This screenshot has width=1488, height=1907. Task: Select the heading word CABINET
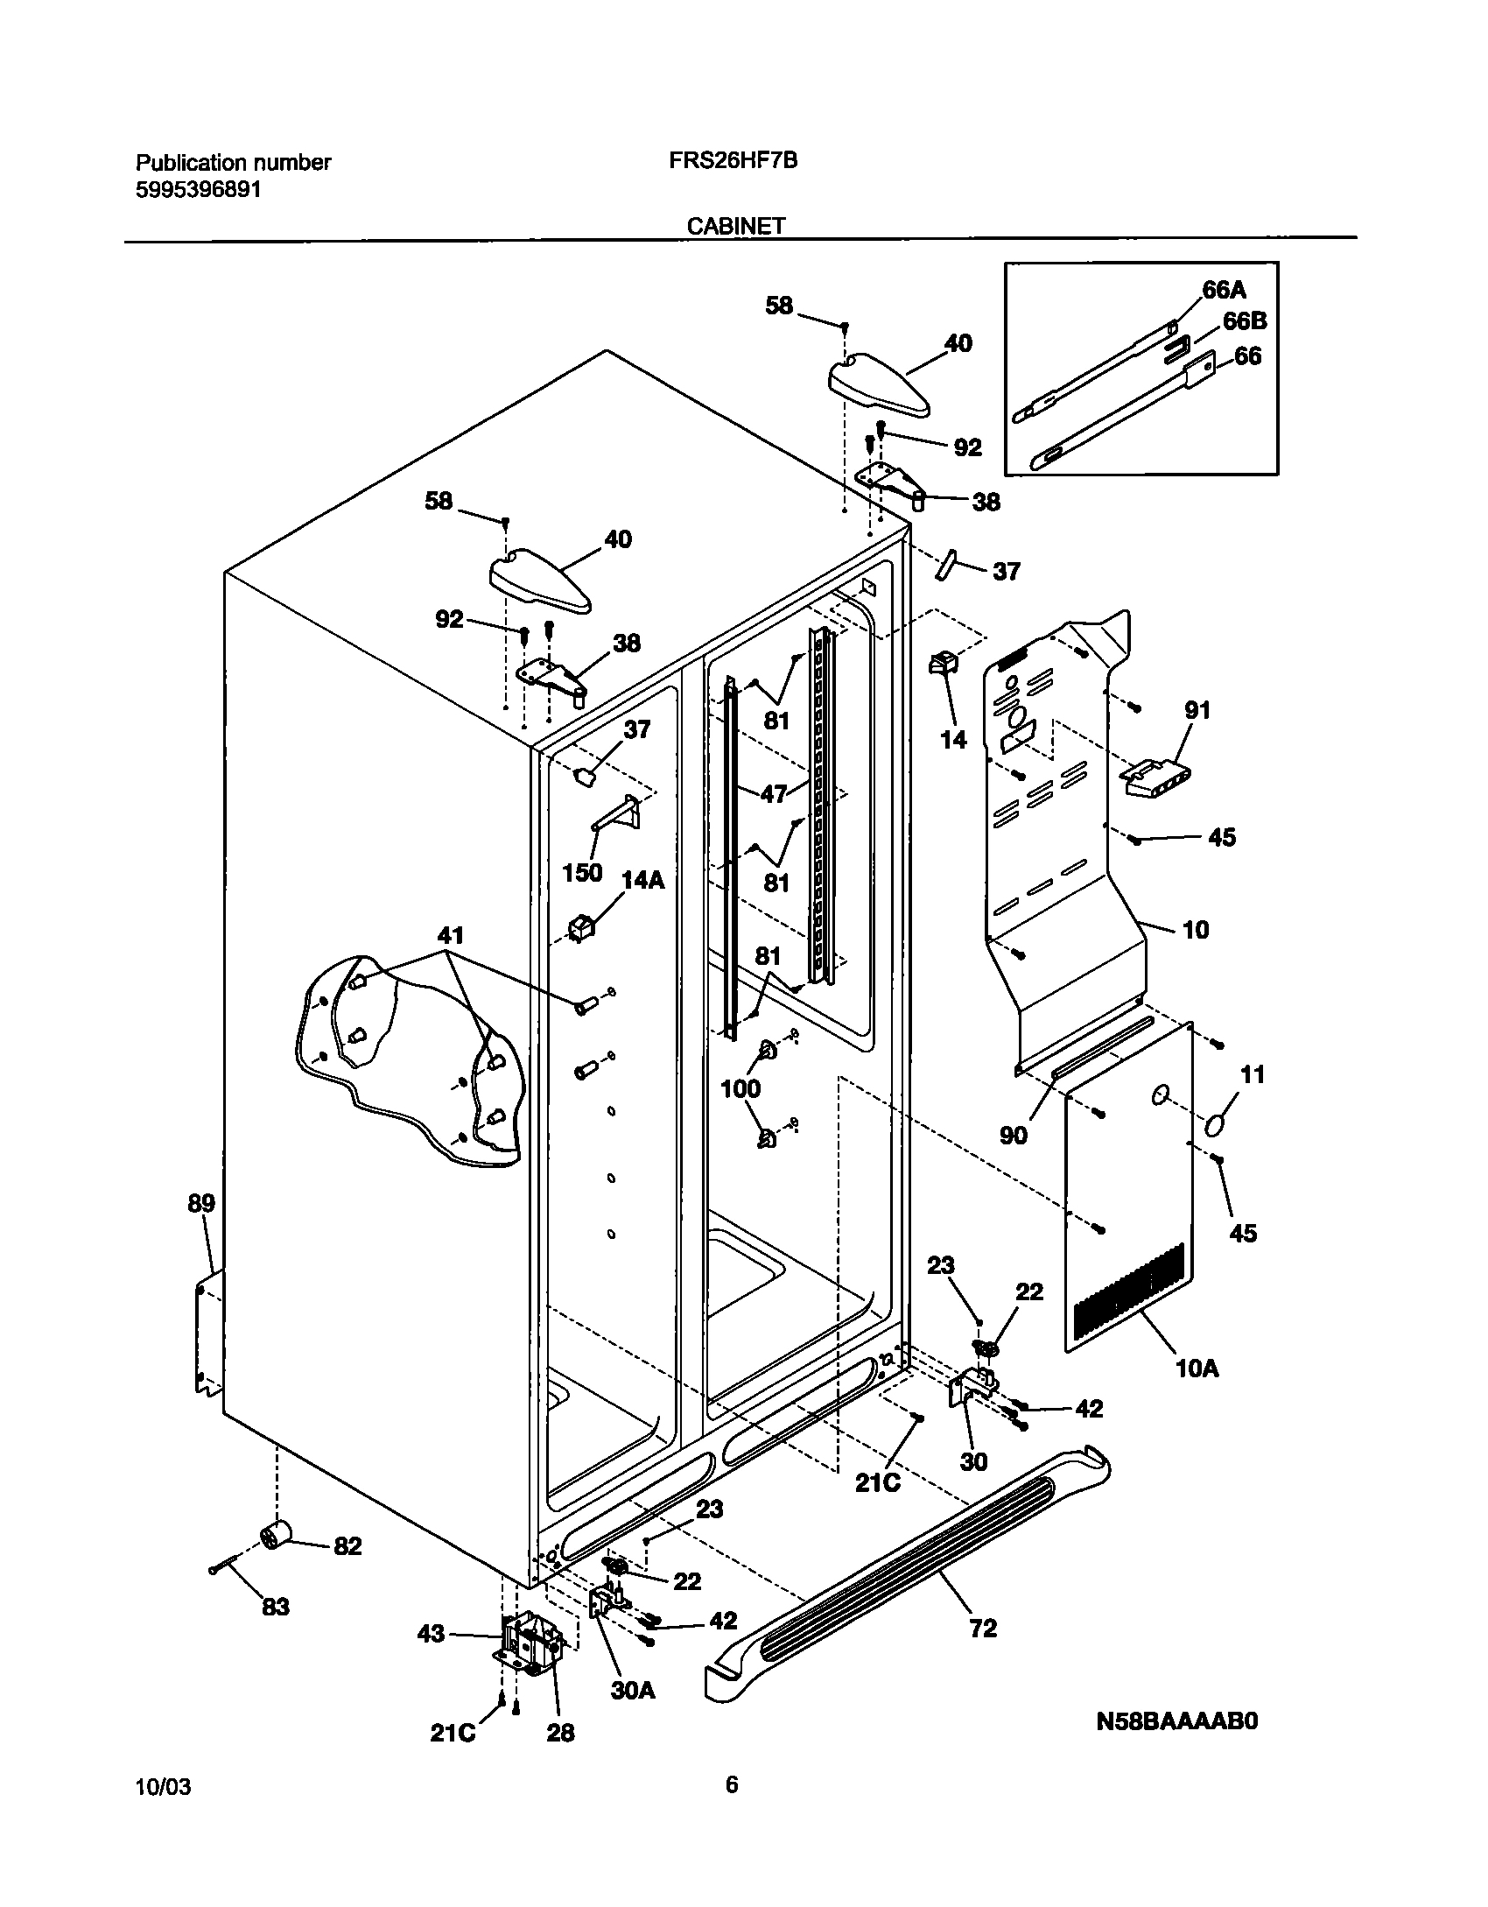coord(735,226)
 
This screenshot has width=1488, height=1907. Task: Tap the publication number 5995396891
coord(199,190)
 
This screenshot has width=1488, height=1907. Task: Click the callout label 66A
coord(1224,290)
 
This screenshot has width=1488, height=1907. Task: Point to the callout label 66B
coord(1244,321)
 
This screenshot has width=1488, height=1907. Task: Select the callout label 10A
coord(1197,1368)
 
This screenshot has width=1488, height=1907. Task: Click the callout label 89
coord(201,1203)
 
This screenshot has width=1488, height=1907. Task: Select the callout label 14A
coord(642,880)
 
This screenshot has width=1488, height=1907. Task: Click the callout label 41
coord(450,936)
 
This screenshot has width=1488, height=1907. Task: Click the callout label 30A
coord(632,1690)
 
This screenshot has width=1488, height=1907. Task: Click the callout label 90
coord(1014,1135)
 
